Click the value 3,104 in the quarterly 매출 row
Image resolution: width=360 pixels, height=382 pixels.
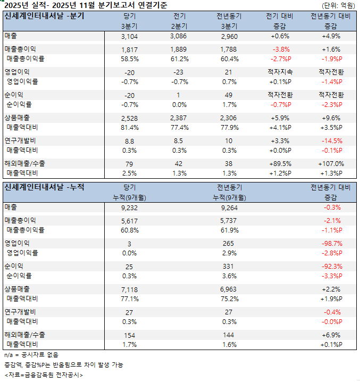pyautogui.click(x=129, y=36)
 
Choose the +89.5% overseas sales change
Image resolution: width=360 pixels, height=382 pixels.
pyautogui.click(x=279, y=163)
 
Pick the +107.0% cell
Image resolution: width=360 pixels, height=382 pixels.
pyautogui.click(x=332, y=163)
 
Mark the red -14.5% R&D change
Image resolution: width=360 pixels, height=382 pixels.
pyautogui.click(x=332, y=140)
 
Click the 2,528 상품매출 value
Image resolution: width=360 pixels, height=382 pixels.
pyautogui.click(x=129, y=118)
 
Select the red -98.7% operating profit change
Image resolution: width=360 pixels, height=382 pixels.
pyautogui.click(x=332, y=243)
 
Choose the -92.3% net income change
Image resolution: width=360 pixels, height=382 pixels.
pyautogui.click(x=332, y=266)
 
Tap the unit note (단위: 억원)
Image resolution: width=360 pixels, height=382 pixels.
pyautogui.click(x=338, y=5)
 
